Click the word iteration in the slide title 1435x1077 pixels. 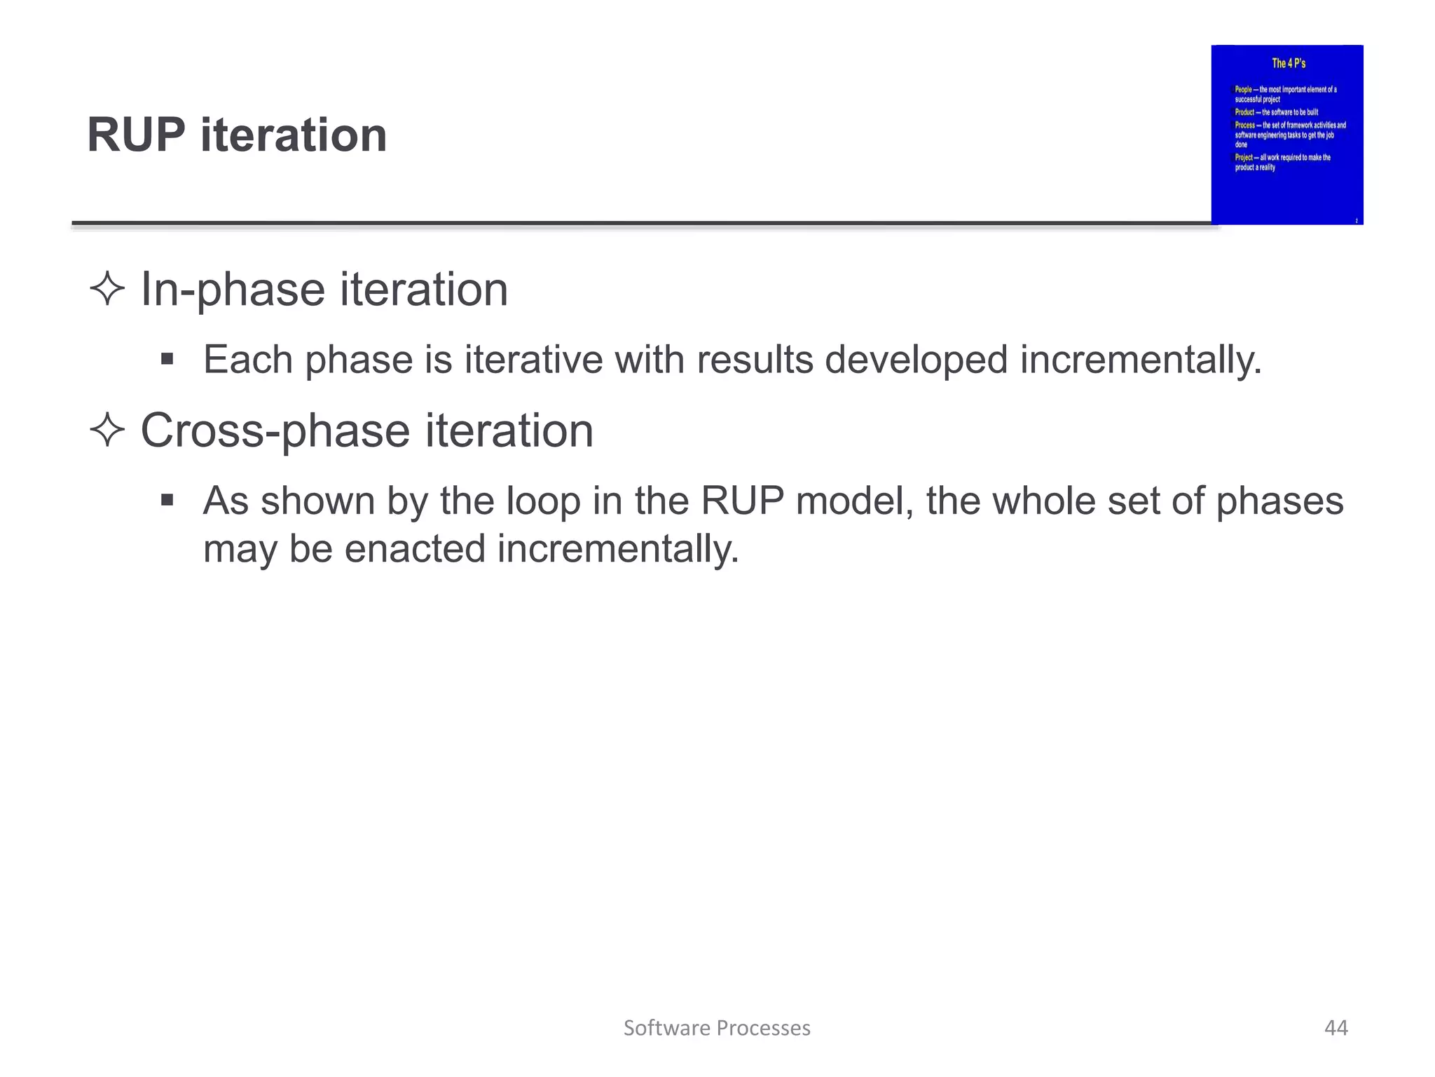tap(294, 135)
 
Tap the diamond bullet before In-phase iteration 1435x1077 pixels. tap(107, 289)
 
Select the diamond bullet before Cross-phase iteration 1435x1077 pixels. tap(107, 430)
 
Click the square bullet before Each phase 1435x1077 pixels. tap(167, 360)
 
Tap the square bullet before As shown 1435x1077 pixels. tap(167, 501)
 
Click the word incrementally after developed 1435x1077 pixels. tap(1140, 360)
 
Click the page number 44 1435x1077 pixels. tap(1336, 1028)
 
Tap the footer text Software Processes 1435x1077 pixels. tap(717, 1028)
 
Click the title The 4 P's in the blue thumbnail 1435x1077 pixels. tap(1289, 63)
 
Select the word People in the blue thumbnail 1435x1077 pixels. tap(1243, 90)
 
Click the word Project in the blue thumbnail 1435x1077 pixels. tap(1243, 158)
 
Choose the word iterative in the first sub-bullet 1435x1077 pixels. tap(533, 360)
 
